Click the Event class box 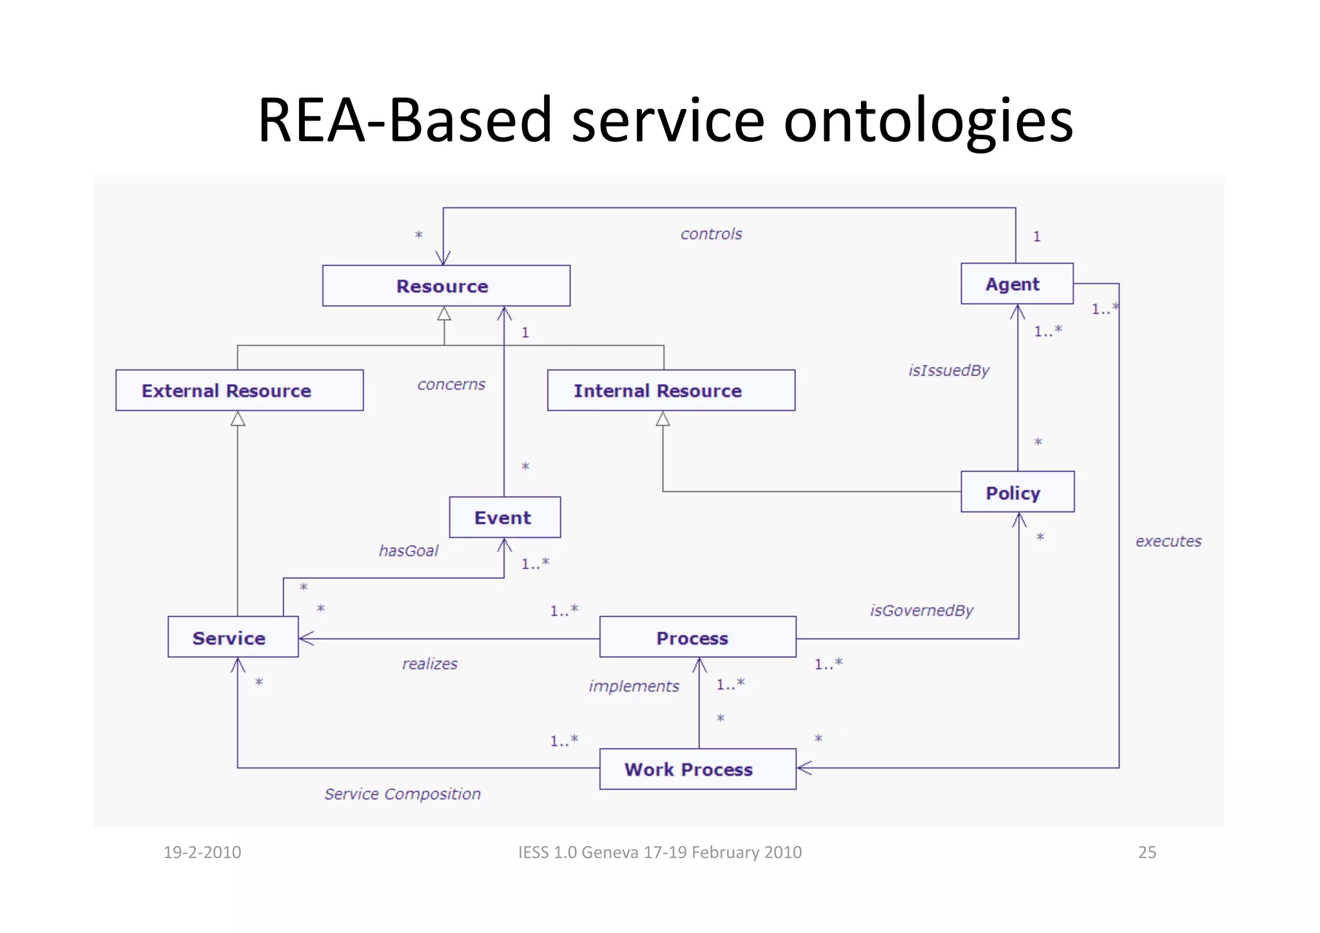(504, 517)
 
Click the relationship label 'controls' (711, 233)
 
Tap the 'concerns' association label (451, 384)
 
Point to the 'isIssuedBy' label (948, 370)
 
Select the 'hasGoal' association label (409, 551)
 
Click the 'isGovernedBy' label (921, 610)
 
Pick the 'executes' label (1168, 541)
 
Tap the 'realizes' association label (430, 663)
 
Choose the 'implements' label (634, 686)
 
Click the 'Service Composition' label (402, 794)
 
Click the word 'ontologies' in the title (928, 121)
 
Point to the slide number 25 (1147, 852)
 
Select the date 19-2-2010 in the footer (202, 852)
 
